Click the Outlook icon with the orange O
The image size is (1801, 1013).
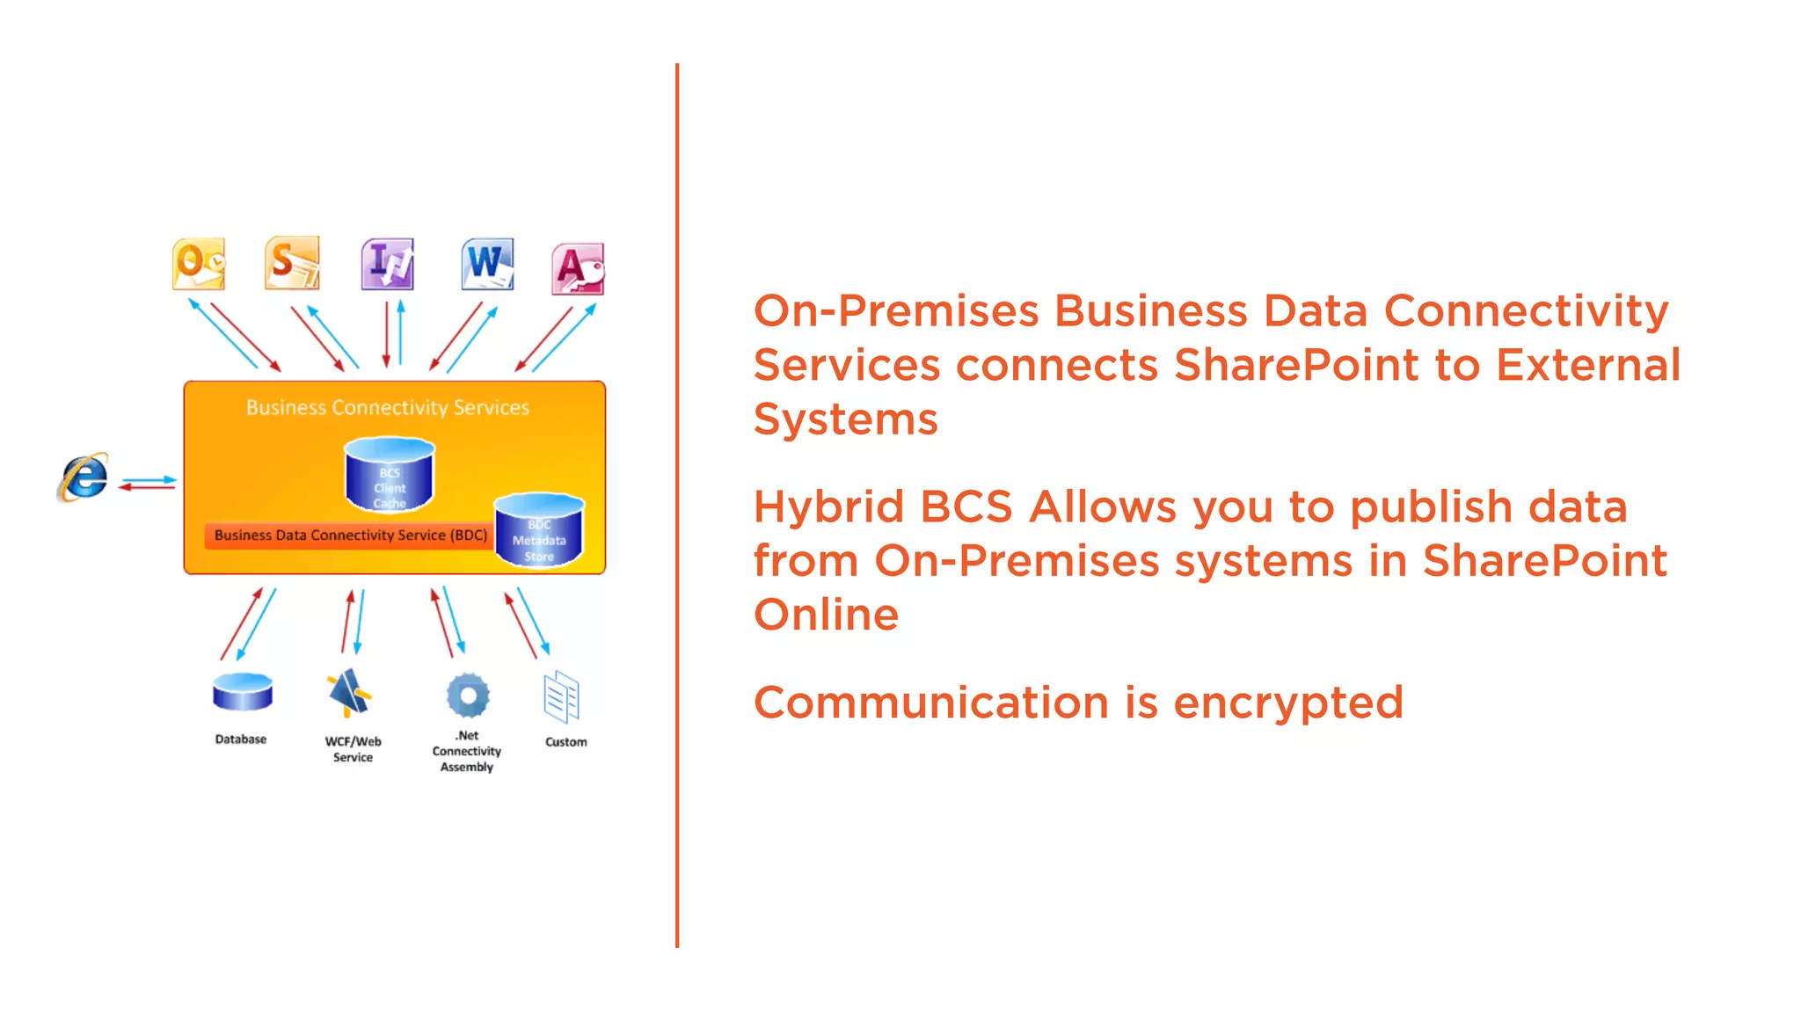pos(199,264)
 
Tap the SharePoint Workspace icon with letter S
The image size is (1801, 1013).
pos(292,263)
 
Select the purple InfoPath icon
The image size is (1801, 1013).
pos(388,264)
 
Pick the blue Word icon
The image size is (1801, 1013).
pos(487,264)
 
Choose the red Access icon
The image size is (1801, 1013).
pos(578,269)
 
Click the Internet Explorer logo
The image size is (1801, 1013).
pos(84,477)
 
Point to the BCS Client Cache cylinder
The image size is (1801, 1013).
pos(390,476)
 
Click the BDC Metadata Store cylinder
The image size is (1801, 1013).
pos(539,530)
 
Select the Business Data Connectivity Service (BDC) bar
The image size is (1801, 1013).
pos(350,536)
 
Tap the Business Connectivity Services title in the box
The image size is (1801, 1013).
pos(388,408)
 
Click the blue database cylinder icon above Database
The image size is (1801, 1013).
pos(243,692)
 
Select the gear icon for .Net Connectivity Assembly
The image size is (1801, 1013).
pos(468,696)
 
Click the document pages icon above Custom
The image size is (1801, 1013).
pos(561,697)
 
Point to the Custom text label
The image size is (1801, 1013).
pos(565,742)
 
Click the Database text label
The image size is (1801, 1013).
pos(241,740)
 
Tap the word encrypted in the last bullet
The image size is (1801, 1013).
pos(1288,703)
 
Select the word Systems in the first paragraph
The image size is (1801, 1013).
pos(846,419)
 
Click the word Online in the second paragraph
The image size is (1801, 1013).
pos(827,615)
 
